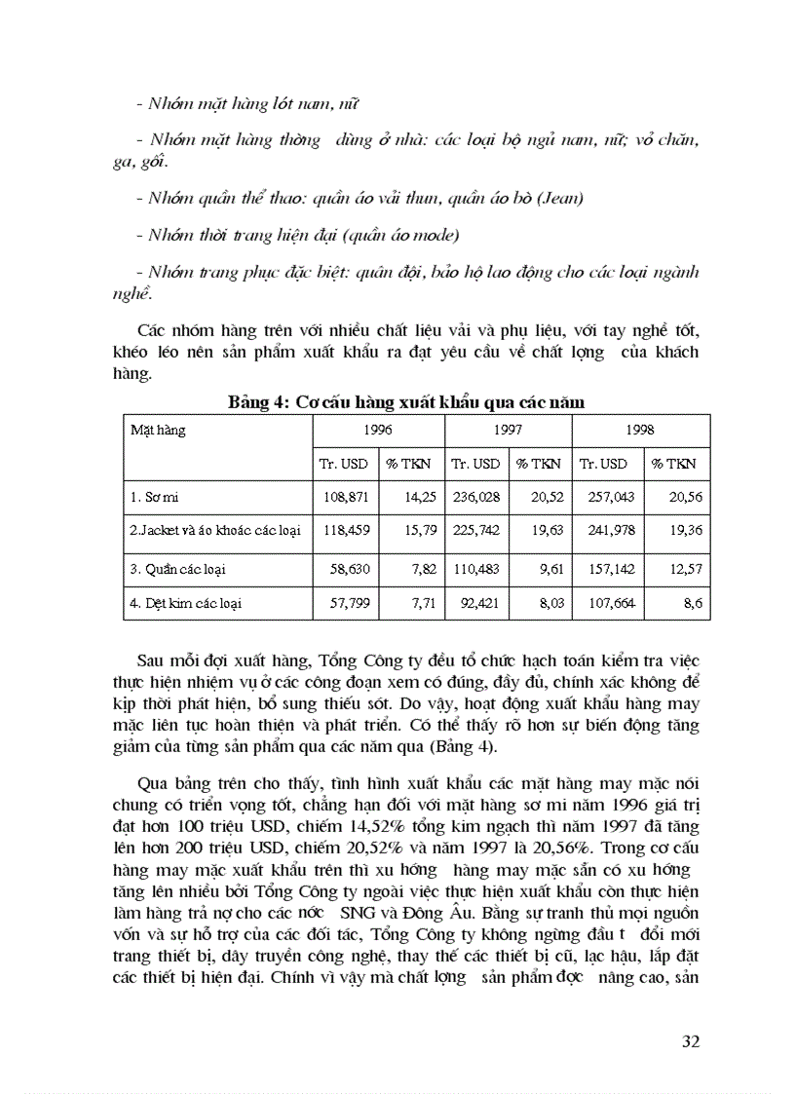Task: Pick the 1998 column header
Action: coord(639,429)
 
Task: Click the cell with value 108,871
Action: coord(345,497)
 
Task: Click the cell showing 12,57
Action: coord(686,568)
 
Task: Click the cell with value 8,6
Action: coord(693,603)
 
